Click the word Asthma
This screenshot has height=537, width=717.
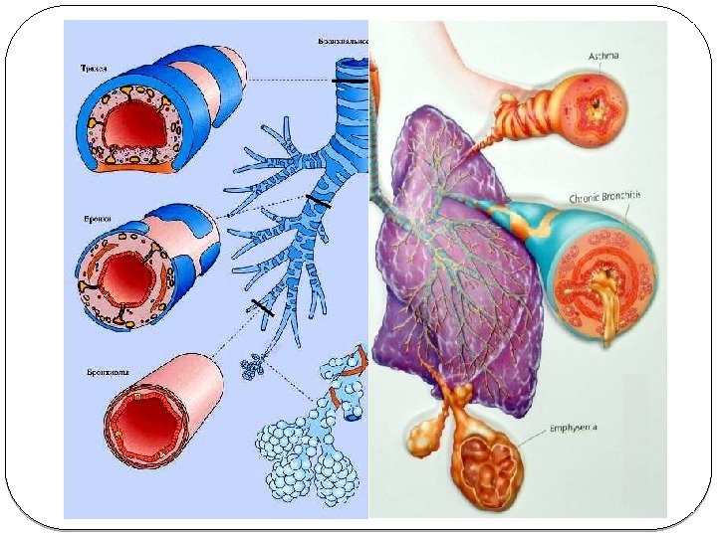pyautogui.click(x=603, y=57)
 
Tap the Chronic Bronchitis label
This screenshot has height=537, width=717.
pyautogui.click(x=605, y=198)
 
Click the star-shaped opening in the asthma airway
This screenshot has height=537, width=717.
pyautogui.click(x=597, y=101)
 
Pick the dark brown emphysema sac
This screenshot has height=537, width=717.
pyautogui.click(x=488, y=464)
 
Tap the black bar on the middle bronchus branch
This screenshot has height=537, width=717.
pyautogui.click(x=317, y=204)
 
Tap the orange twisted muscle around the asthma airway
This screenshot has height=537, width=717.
pyautogui.click(x=539, y=103)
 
